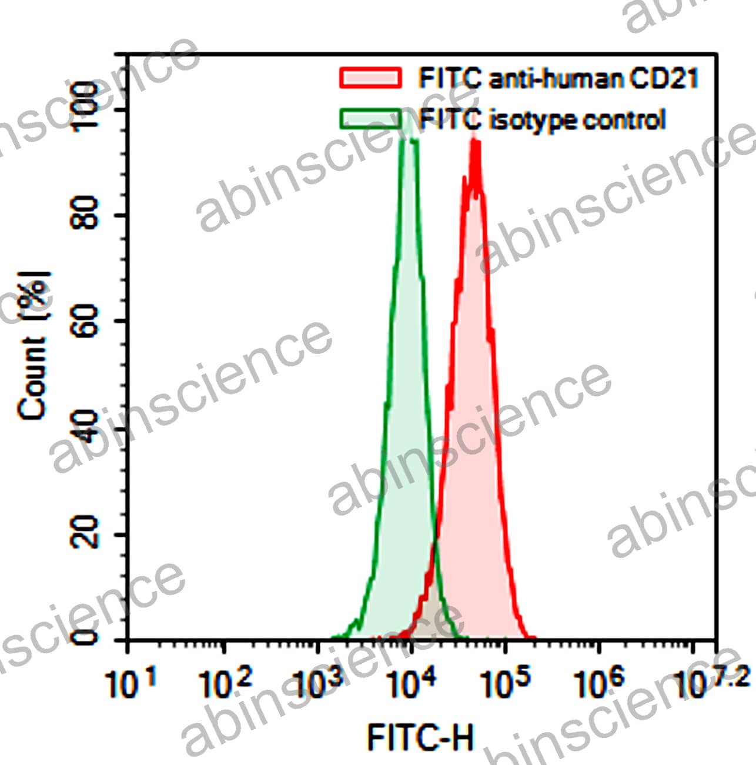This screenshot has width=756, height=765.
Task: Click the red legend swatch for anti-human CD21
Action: point(370,78)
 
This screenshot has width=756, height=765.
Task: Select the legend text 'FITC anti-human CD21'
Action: point(558,78)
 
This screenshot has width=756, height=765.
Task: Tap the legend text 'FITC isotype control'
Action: point(542,120)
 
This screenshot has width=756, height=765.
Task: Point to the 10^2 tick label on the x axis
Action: point(225,682)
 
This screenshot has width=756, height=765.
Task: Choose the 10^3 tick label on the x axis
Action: point(318,682)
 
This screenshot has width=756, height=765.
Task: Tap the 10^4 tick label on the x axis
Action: point(412,682)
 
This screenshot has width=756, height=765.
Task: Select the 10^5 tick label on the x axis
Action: point(504,682)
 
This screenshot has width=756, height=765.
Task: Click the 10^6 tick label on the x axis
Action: point(598,682)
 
